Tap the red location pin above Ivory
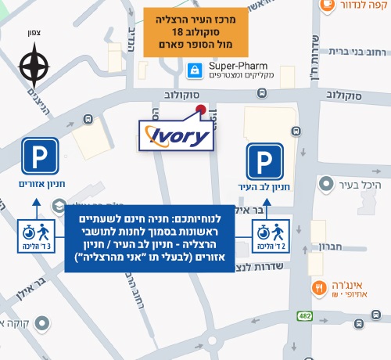point(201,110)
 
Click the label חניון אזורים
point(41,185)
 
